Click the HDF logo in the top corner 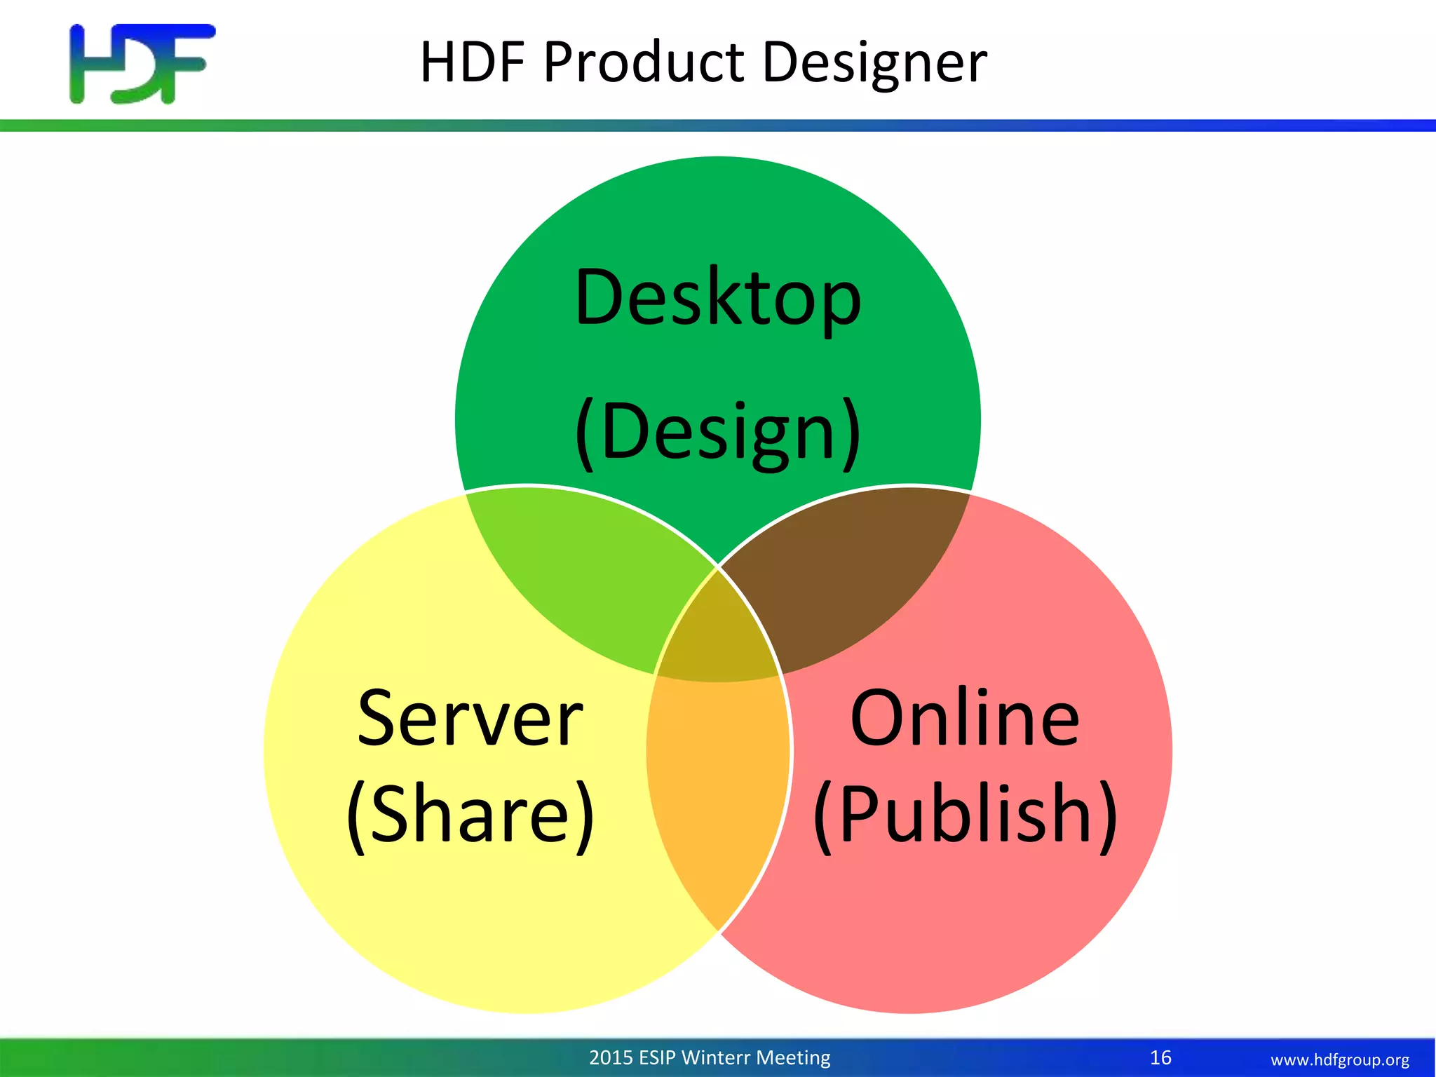(x=142, y=64)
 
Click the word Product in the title (x=644, y=63)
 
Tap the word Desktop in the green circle (x=717, y=298)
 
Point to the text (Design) (x=717, y=431)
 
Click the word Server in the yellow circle (x=470, y=718)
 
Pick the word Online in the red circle (x=965, y=718)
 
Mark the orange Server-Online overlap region (x=718, y=792)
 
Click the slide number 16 (x=1160, y=1057)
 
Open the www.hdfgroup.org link (x=1339, y=1059)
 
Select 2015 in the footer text (x=611, y=1057)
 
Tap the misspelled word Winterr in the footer (x=715, y=1057)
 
